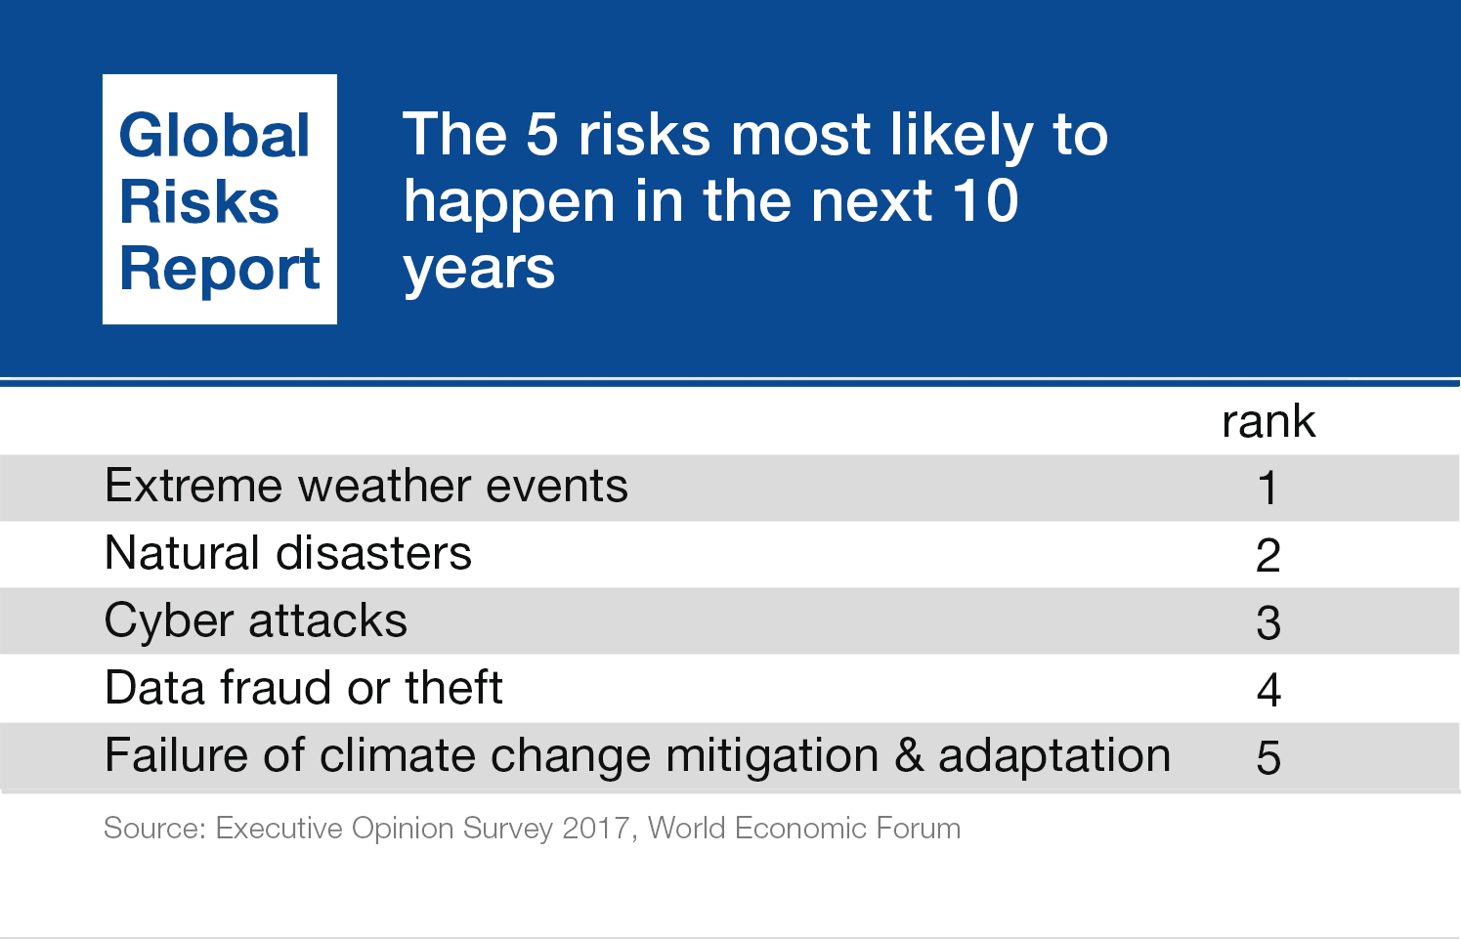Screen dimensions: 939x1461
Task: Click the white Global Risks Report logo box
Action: pyautogui.click(x=220, y=199)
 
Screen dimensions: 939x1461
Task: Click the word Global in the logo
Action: pyautogui.click(x=214, y=136)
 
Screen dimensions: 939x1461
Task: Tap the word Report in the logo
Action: pyautogui.click(x=220, y=269)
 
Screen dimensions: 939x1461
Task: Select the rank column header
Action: pyautogui.click(x=1268, y=422)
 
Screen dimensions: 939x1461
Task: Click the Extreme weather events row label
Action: pyautogui.click(x=365, y=487)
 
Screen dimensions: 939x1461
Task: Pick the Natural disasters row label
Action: pyautogui.click(x=287, y=554)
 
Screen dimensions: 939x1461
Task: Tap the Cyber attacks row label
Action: pyautogui.click(x=255, y=621)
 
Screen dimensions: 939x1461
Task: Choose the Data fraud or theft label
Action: pyautogui.click(x=303, y=688)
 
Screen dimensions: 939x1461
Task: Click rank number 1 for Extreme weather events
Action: pyautogui.click(x=1268, y=488)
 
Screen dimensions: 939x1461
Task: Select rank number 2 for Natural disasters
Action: pyautogui.click(x=1268, y=556)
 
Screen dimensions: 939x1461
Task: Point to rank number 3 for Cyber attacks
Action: pyautogui.click(x=1268, y=623)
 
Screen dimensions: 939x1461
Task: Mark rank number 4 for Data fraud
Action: pyautogui.click(x=1268, y=691)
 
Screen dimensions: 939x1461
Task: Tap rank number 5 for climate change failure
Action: pyautogui.click(x=1268, y=758)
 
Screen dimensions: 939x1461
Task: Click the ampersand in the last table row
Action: pyautogui.click(x=909, y=756)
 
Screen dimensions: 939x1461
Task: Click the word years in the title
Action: pyautogui.click(x=479, y=269)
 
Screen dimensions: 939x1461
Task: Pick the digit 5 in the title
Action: pyautogui.click(x=541, y=135)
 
